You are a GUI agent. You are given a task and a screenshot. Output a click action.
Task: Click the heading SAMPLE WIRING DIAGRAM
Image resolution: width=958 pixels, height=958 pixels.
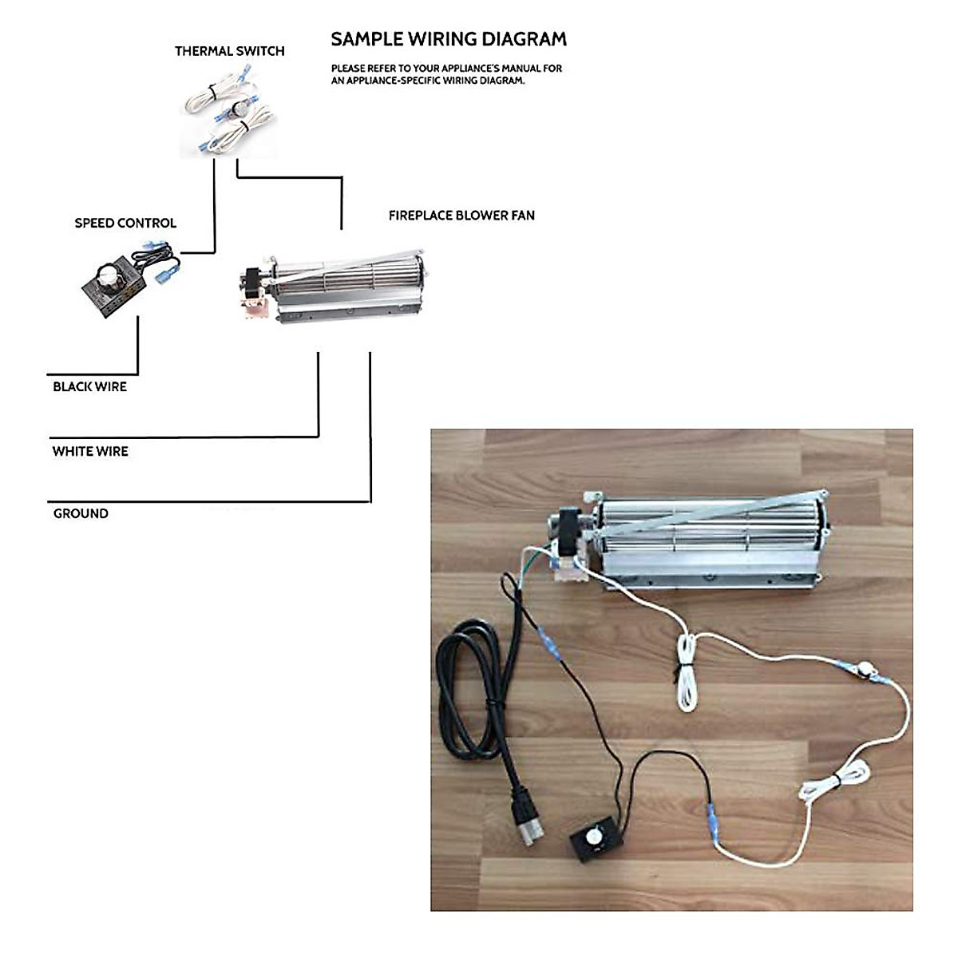(449, 39)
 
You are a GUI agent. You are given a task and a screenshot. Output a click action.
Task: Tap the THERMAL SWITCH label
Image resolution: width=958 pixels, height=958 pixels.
(229, 51)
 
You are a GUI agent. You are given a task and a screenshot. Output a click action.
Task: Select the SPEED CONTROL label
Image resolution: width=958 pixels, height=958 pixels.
(125, 223)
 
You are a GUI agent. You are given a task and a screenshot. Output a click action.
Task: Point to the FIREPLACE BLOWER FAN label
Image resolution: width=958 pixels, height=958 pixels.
(461, 216)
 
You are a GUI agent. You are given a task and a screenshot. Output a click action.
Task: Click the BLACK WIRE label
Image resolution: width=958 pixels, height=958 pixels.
(89, 387)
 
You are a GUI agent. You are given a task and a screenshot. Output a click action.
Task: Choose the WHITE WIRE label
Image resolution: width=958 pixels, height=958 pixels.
(90, 452)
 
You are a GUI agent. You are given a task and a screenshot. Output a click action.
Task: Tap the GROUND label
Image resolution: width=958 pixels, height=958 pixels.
(81, 514)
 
